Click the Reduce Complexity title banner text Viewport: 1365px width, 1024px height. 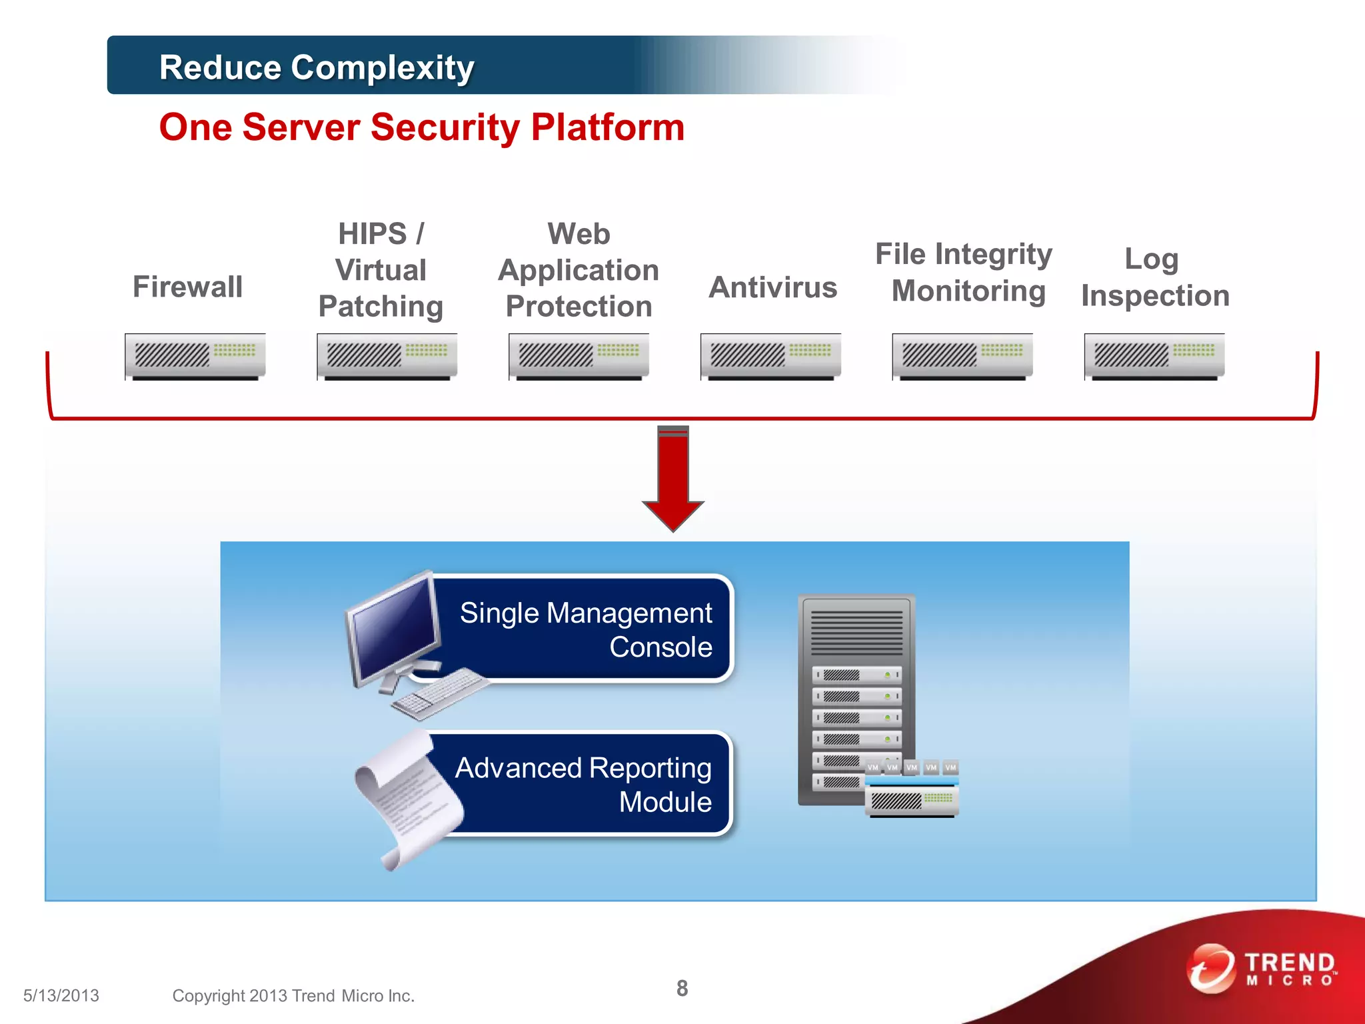[317, 67]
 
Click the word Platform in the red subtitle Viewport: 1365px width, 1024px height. [607, 127]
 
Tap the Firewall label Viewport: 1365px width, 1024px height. [187, 287]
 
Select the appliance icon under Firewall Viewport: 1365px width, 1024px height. [195, 356]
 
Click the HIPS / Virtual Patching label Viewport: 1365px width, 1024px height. [381, 270]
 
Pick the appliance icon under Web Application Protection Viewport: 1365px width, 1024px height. [579, 356]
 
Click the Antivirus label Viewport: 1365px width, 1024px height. [772, 287]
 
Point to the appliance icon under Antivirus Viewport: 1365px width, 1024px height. [770, 356]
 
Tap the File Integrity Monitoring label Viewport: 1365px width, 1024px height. [964, 272]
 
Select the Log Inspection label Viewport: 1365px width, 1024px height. [1154, 277]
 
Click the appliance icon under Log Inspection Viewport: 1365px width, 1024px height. [1154, 356]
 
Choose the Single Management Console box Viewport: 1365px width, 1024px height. [587, 629]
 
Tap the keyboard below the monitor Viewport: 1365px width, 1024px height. [440, 693]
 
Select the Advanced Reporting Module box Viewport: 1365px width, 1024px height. [587, 784]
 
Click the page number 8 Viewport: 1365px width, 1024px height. [682, 988]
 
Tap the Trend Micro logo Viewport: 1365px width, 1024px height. [1263, 969]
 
